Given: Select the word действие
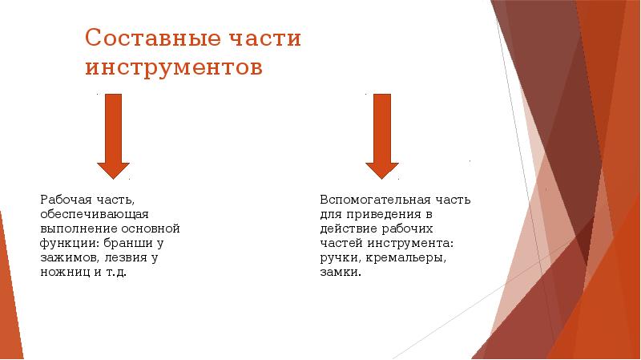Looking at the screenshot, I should pos(347,229).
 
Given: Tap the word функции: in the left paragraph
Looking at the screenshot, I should pos(69,243).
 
